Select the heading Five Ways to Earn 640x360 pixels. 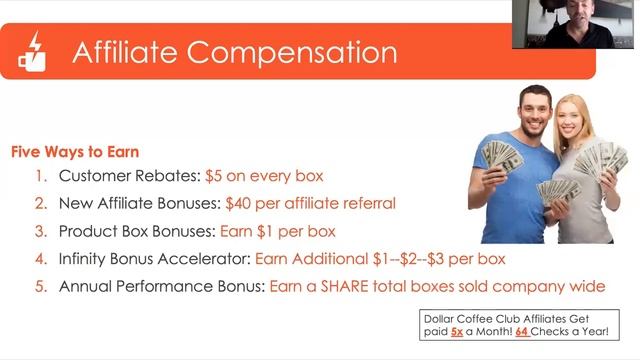coord(75,153)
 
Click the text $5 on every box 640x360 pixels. coord(264,176)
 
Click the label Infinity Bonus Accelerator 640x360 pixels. coord(154,259)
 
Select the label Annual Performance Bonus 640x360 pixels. coord(161,286)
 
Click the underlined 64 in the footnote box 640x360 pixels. coord(522,332)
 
